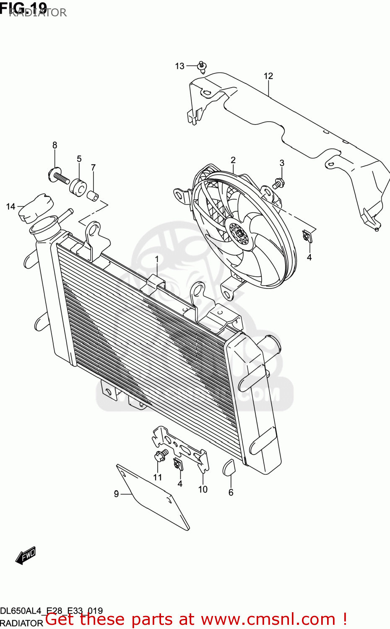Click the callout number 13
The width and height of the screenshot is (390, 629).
[x=179, y=66]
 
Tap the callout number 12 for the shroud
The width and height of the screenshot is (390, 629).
[x=268, y=76]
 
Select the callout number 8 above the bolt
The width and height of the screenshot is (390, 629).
[x=55, y=145]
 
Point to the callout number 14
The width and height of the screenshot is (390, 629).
[x=10, y=206]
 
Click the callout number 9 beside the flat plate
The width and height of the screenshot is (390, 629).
[x=117, y=494]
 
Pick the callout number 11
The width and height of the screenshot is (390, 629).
[x=157, y=477]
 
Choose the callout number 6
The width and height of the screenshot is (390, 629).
[x=231, y=492]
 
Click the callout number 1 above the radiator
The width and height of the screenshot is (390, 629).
[x=157, y=260]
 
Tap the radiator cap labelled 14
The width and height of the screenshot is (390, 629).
[x=36, y=208]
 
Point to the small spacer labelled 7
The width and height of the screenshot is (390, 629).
[x=93, y=195]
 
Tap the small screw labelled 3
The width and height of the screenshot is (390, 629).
[x=278, y=183]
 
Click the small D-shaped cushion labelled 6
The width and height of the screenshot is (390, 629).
[x=229, y=468]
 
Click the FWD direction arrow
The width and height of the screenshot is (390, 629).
[x=26, y=556]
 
